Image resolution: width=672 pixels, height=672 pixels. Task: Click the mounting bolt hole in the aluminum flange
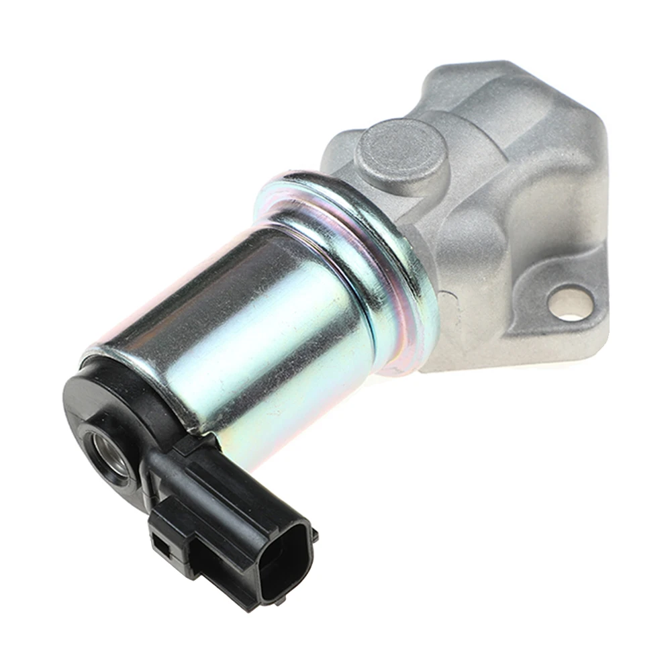[x=572, y=304]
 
